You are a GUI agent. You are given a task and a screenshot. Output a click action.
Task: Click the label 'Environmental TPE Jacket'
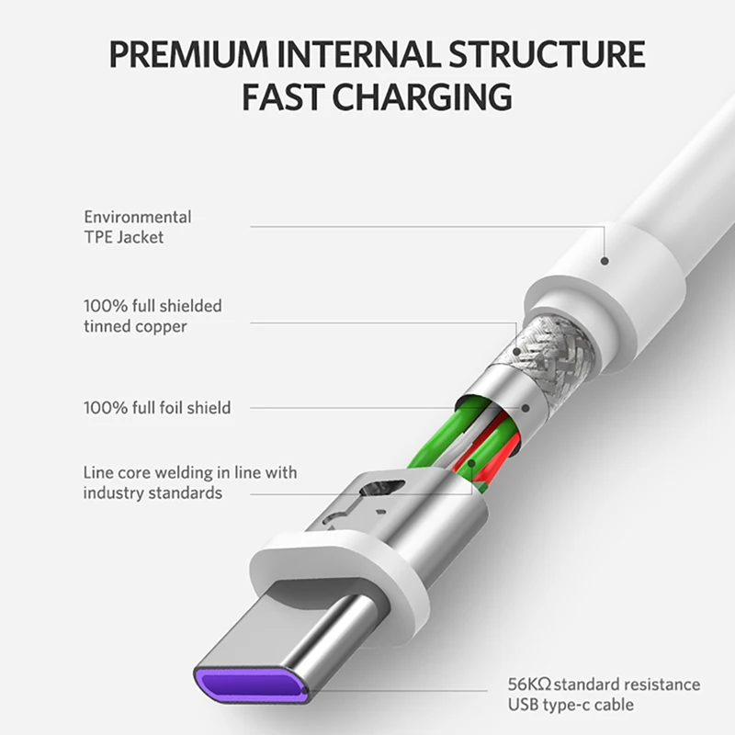(138, 227)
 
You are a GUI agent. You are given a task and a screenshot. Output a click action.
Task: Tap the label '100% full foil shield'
(157, 406)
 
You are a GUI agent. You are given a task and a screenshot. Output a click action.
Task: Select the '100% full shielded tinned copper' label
(153, 315)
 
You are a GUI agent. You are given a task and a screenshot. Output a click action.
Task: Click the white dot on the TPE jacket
(605, 259)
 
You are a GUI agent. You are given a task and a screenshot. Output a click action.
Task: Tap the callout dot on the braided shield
(518, 350)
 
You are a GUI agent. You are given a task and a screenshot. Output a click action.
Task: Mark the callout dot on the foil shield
(524, 407)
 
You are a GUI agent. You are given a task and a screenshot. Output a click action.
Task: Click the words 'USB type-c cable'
(570, 706)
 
